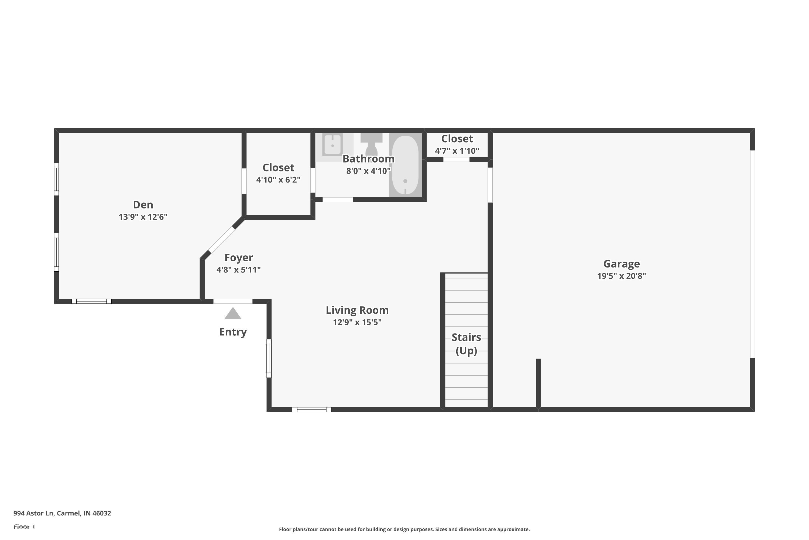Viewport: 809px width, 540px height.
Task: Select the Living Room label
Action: coord(357,310)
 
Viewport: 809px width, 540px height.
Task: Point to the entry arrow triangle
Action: coord(233,314)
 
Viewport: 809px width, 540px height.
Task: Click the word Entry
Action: coord(233,332)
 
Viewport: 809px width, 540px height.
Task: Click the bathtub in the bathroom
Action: coord(405,165)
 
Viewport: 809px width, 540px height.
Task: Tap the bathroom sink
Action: coord(332,145)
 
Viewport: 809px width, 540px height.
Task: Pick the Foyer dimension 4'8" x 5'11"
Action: coord(238,270)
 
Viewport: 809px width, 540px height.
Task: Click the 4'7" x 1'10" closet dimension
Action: coord(457,151)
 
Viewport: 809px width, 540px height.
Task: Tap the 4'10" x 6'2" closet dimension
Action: coord(278,180)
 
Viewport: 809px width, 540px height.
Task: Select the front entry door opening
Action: coord(233,301)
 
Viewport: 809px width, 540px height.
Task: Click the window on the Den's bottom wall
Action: coord(91,301)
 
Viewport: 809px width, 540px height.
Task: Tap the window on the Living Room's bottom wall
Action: coord(312,410)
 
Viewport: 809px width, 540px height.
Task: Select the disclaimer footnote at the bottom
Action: coord(404,529)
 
